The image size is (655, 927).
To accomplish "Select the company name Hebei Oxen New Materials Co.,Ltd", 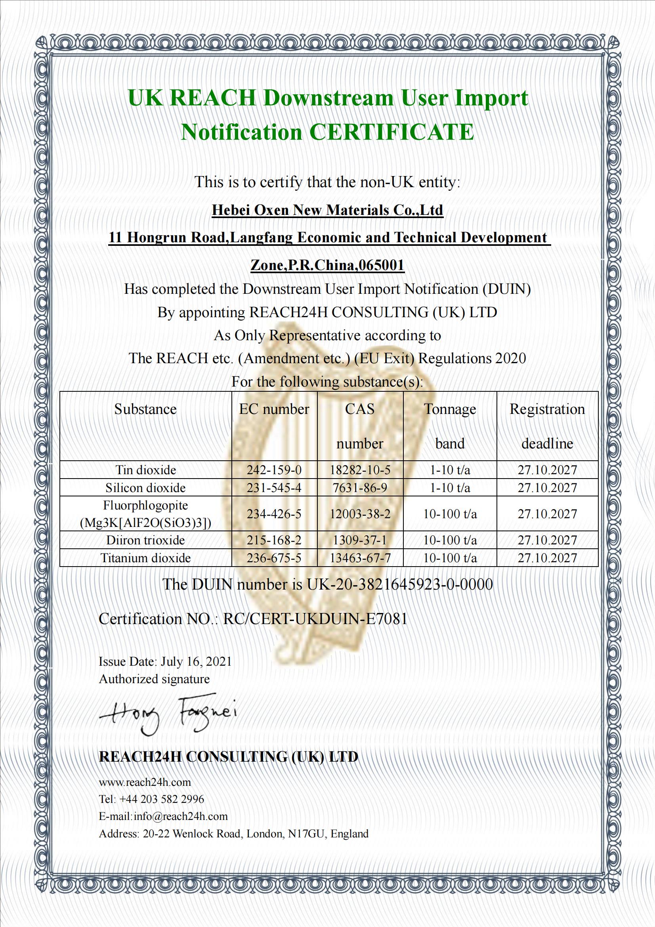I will pyautogui.click(x=327, y=210).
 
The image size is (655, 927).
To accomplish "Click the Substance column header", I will pyautogui.click(x=145, y=409).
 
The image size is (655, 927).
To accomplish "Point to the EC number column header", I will pyautogui.click(x=274, y=409).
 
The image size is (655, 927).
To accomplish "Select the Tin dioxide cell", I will pyautogui.click(x=146, y=470).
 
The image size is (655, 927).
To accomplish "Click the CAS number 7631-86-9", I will pyautogui.click(x=359, y=488).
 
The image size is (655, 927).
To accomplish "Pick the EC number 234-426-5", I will pyautogui.click(x=274, y=514).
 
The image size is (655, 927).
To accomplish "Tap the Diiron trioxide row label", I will pyautogui.click(x=146, y=540).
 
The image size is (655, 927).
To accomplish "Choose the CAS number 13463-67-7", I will pyautogui.click(x=359, y=558).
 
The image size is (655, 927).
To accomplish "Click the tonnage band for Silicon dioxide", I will pyautogui.click(x=450, y=488).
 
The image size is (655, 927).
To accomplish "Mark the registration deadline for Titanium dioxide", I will pyautogui.click(x=547, y=558).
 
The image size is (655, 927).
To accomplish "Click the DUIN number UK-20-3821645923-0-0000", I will pyautogui.click(x=399, y=584).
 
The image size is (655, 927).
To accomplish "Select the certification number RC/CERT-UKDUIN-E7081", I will pyautogui.click(x=315, y=619).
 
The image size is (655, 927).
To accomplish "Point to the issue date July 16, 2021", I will pyautogui.click(x=196, y=661).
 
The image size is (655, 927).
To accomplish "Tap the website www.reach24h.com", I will pyautogui.click(x=145, y=782).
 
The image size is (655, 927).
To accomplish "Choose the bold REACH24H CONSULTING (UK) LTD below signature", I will pyautogui.click(x=228, y=756).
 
